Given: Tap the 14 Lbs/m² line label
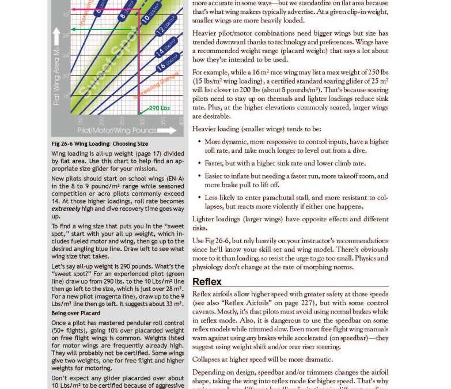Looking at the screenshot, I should [x=168, y=48].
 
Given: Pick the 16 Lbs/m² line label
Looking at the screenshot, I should [x=169, y=62].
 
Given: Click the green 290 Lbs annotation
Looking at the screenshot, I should [x=159, y=108].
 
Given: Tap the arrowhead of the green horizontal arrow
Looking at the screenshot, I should [x=73, y=29].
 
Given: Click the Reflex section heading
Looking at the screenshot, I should [x=207, y=282].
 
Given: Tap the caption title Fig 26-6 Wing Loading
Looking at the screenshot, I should [x=100, y=144].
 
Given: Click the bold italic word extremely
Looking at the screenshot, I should [x=66, y=209].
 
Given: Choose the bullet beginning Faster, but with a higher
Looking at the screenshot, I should [x=285, y=164].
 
